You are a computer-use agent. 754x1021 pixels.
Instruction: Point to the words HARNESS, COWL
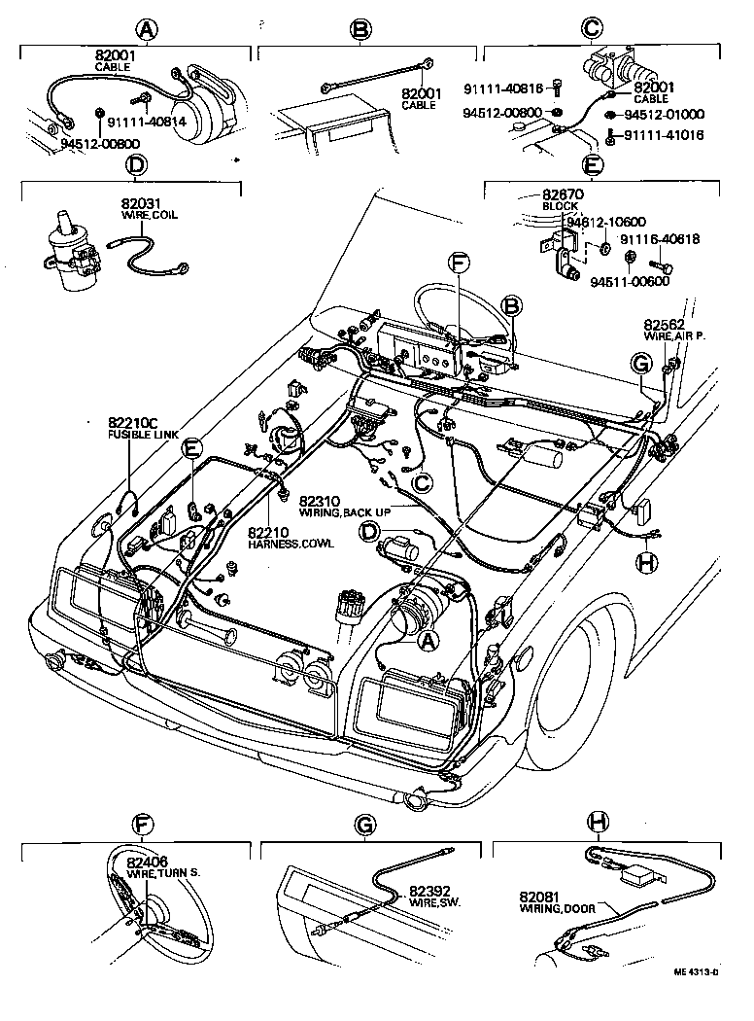(290, 544)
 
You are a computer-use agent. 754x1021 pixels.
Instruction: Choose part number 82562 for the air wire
(664, 324)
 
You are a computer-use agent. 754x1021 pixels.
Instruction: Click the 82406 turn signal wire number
(147, 861)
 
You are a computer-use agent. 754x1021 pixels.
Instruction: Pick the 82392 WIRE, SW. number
(428, 890)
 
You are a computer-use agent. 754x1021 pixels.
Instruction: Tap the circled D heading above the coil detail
(136, 165)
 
